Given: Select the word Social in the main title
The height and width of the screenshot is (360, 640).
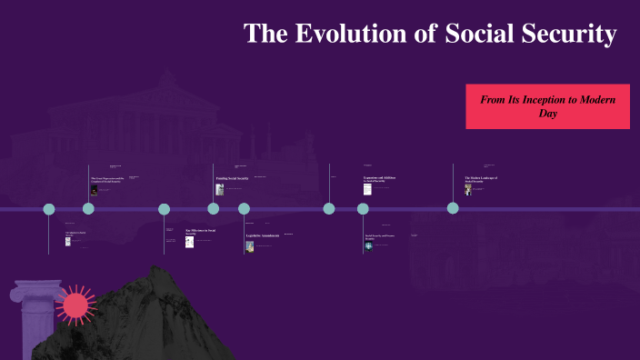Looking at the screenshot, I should pos(475,35).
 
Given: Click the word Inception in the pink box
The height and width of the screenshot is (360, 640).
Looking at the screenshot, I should pos(558,98).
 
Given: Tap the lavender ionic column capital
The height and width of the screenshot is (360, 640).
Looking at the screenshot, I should pos(35,294).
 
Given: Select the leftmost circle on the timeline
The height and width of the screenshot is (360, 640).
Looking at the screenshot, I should pos(50,209).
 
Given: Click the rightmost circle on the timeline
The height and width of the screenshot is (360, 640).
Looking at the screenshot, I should pos(453,208).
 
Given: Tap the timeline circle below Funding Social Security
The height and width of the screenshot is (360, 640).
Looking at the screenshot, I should pos(214,209).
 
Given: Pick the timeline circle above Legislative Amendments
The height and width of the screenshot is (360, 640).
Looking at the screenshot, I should pos(244,209).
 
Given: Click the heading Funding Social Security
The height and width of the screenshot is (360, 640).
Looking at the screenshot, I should pos(233,179).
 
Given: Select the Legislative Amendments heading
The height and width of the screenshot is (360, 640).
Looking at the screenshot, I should pos(263,236).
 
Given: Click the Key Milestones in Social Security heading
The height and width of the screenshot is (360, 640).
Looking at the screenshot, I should pos(200,232).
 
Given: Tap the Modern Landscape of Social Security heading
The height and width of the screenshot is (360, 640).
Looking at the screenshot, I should pos(481,179).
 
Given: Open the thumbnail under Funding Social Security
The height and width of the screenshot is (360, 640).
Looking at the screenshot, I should pos(220,190).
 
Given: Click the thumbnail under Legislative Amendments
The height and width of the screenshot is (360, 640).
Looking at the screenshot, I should pos(250,246).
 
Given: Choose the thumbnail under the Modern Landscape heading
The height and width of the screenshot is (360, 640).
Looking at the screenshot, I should pos(468,190).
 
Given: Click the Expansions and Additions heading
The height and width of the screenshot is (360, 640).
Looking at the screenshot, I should pos(380,178).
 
